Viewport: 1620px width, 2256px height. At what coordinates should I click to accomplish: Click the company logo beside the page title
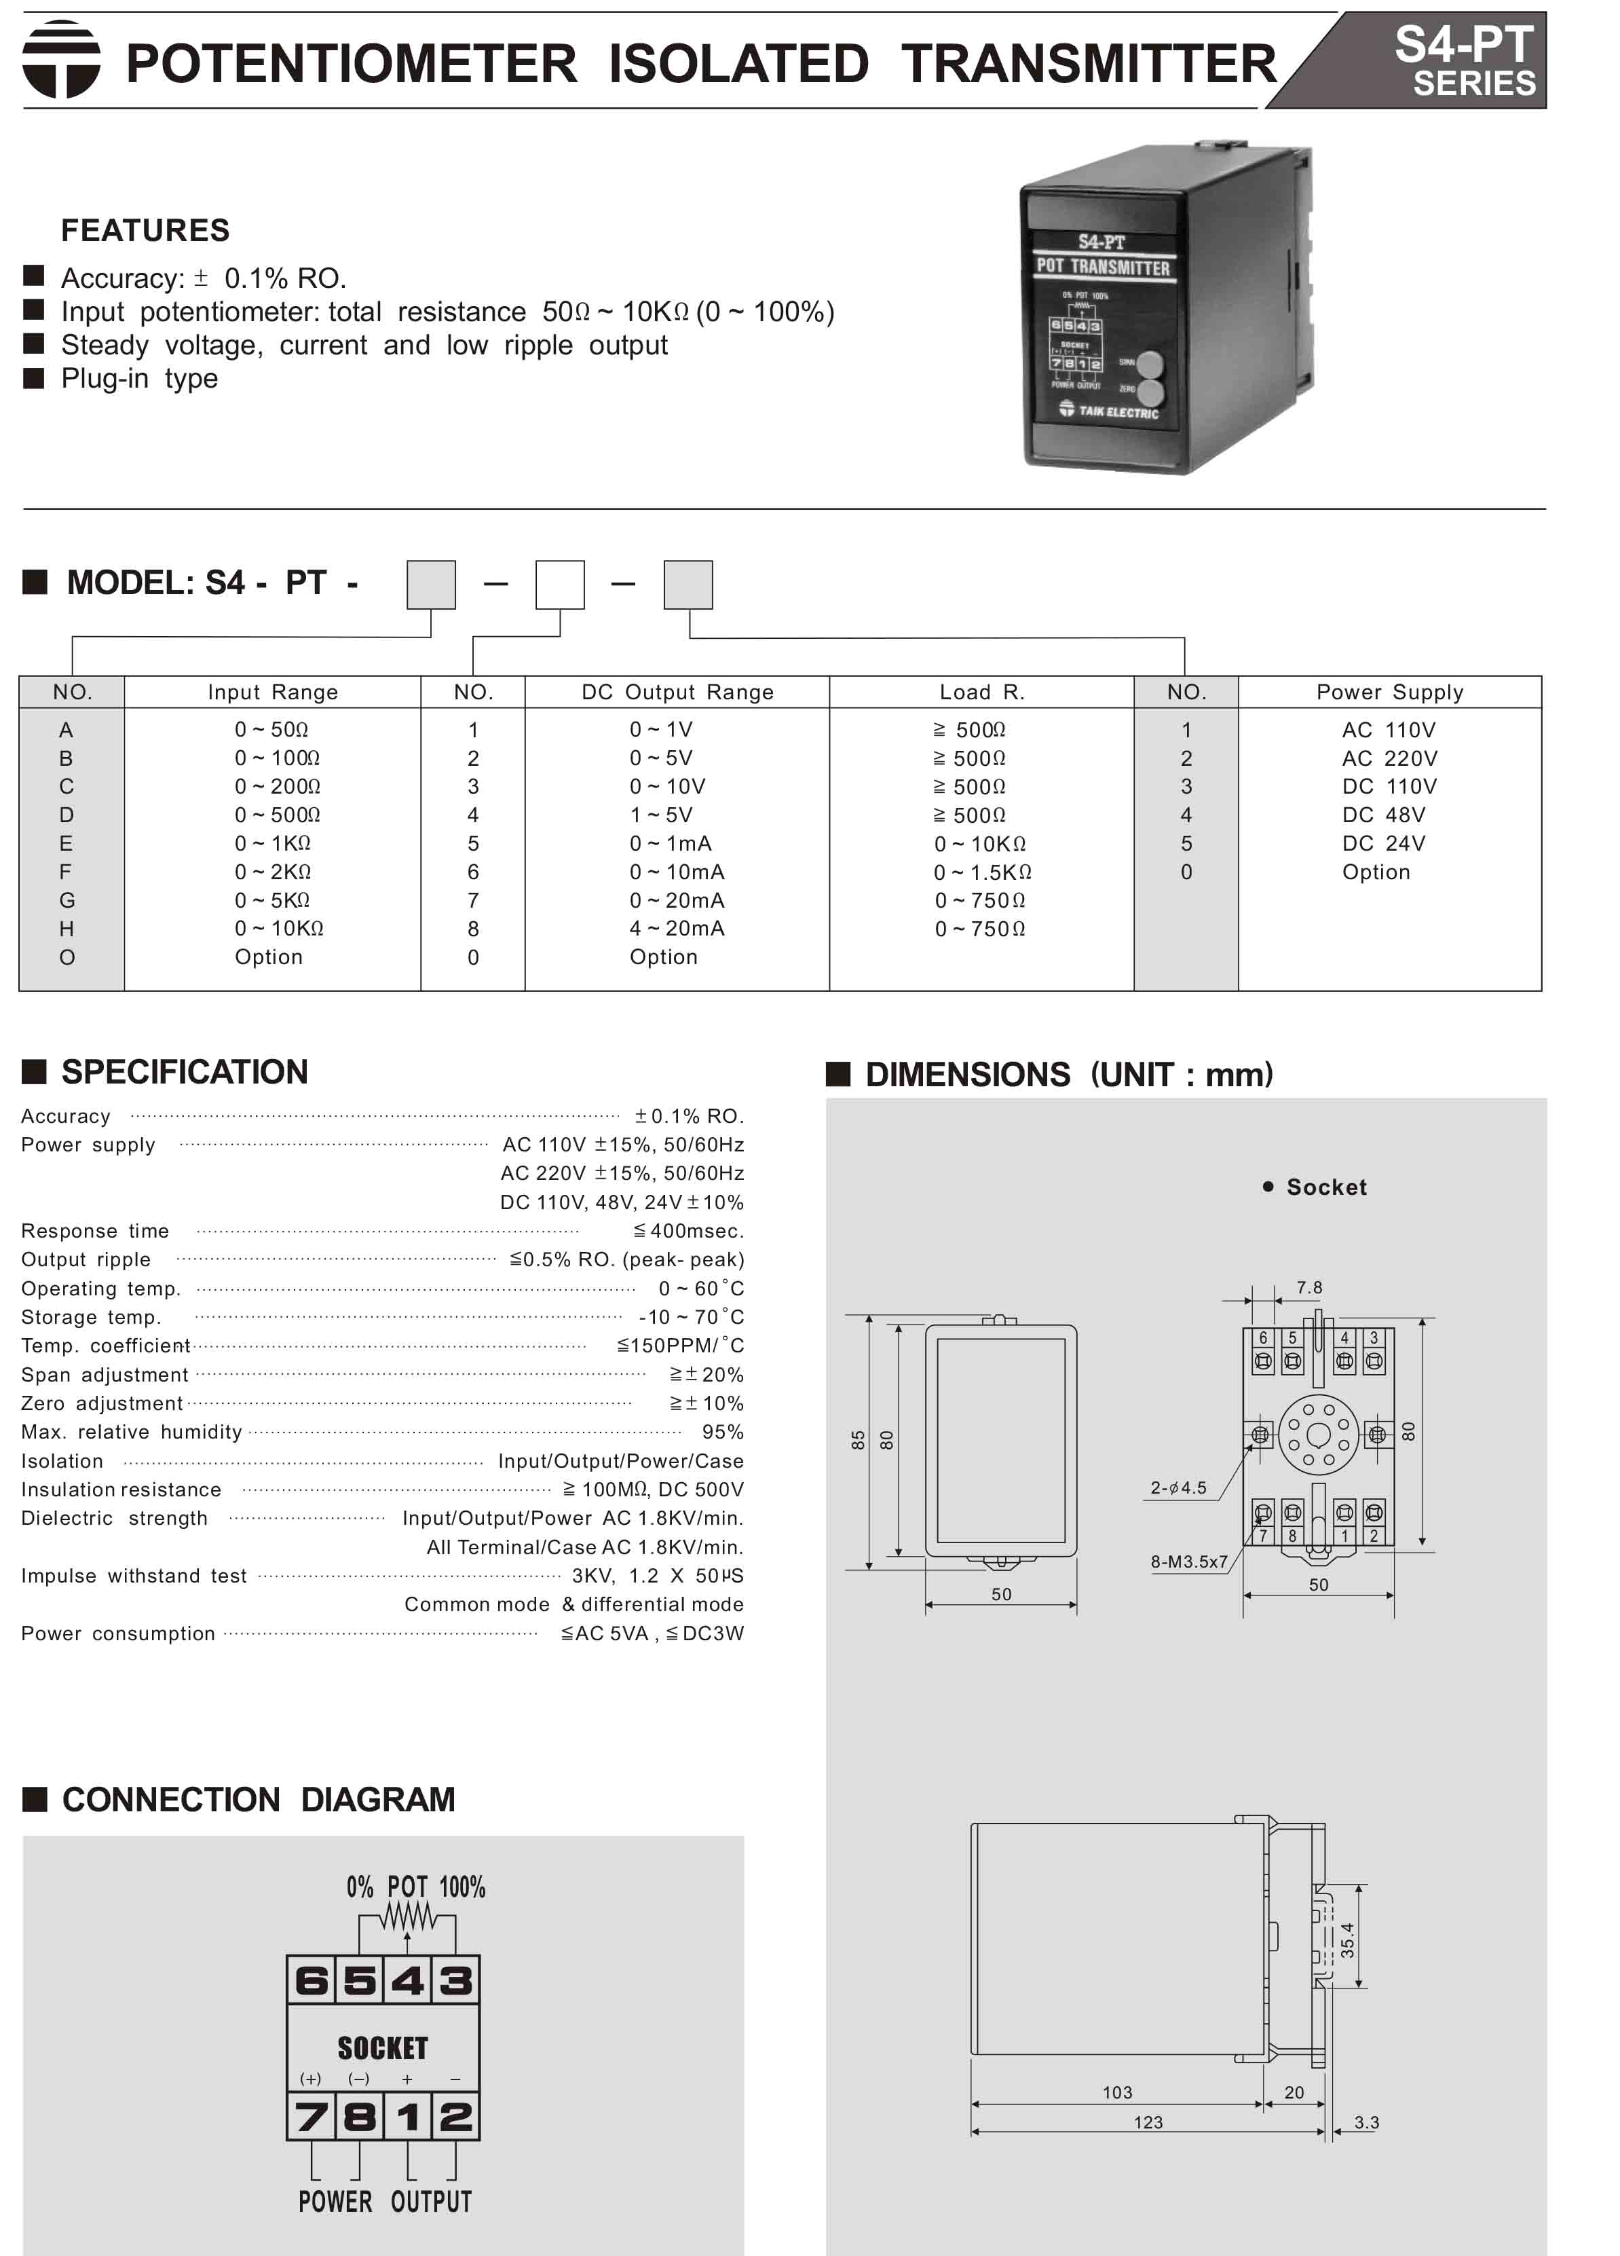tap(62, 60)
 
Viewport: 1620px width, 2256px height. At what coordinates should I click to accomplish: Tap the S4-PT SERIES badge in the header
tap(1463, 60)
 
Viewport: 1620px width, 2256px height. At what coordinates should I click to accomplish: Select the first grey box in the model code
tap(430, 585)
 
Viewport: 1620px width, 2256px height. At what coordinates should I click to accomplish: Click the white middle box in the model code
tap(560, 585)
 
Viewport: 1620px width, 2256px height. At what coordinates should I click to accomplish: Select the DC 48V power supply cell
tap(1383, 815)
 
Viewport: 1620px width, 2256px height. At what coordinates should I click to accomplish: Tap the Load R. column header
tap(981, 692)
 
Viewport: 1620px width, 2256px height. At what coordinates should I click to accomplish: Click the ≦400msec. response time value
tap(688, 1232)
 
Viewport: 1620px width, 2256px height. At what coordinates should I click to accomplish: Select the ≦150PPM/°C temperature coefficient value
tap(680, 1346)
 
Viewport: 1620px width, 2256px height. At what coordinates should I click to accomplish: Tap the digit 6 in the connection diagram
tap(312, 1980)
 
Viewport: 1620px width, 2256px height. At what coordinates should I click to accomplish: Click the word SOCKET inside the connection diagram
tap(383, 2048)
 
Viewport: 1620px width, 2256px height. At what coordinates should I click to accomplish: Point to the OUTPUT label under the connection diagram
tap(430, 2201)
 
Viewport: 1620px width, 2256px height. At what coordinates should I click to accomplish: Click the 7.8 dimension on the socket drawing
tap(1308, 1288)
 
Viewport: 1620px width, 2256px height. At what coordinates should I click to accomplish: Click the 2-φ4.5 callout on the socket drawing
tap(1178, 1488)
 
